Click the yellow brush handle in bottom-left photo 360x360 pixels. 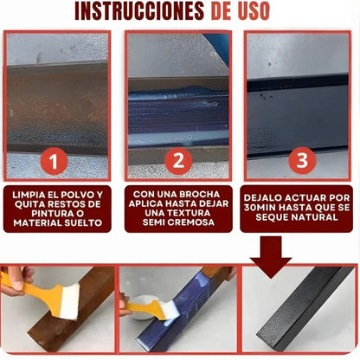(19, 283)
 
